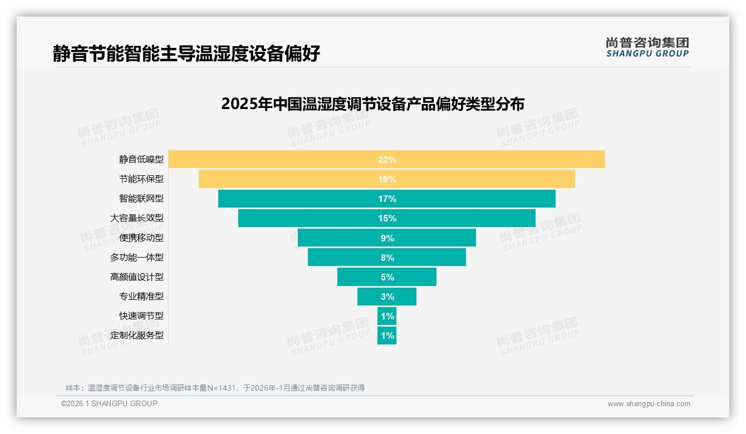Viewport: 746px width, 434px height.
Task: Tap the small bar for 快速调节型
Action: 387,316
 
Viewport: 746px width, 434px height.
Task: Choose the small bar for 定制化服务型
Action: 387,336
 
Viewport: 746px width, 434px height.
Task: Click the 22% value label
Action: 387,160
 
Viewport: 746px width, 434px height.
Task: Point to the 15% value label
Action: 387,218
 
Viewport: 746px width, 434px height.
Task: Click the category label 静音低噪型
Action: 141,160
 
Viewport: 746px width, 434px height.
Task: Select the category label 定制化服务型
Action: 137,336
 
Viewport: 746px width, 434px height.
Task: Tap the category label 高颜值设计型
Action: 137,277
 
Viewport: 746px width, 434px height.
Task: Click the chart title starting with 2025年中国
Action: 372,104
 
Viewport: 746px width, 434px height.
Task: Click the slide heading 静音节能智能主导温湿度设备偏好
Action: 186,53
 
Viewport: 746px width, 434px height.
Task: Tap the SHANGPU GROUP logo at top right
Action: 647,47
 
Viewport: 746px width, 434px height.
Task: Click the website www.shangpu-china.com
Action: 649,404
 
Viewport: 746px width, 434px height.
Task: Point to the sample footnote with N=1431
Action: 215,388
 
